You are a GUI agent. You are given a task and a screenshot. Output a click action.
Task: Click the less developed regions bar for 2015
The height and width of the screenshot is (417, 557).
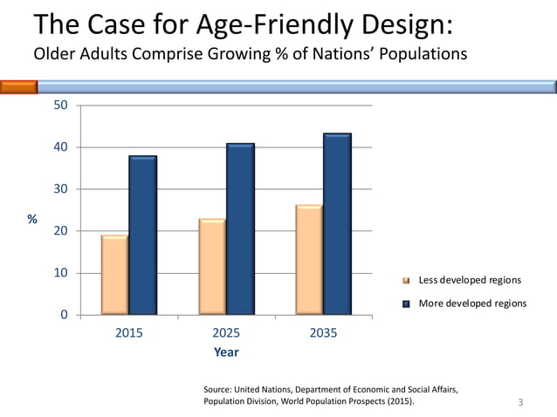[114, 274]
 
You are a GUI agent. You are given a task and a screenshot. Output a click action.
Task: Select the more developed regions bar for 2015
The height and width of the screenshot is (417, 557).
[142, 235]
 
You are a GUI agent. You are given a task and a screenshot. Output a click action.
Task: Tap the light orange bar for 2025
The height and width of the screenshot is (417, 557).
[212, 266]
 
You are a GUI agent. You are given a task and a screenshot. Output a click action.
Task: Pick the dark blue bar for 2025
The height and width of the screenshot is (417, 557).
[240, 229]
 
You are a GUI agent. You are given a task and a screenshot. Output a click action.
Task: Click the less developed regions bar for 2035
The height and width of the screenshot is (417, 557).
[309, 259]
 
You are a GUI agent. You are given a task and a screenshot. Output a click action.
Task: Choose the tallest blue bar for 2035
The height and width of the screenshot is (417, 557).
[337, 223]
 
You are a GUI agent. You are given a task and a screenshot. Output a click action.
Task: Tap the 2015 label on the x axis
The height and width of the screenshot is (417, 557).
[129, 333]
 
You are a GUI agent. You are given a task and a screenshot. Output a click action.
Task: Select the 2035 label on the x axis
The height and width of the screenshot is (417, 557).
[324, 333]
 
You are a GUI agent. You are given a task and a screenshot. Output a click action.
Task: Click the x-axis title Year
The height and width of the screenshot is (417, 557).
[226, 352]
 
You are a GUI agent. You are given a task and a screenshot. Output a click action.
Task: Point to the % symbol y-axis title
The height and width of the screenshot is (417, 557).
[32, 219]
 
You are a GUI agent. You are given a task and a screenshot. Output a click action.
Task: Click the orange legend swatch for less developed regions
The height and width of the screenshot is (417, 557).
[405, 281]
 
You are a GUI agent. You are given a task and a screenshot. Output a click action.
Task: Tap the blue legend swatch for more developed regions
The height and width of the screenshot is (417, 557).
[405, 304]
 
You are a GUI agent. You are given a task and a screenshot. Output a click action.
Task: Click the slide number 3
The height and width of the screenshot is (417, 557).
[520, 402]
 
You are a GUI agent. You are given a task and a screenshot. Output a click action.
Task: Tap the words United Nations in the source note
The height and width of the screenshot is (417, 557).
[265, 389]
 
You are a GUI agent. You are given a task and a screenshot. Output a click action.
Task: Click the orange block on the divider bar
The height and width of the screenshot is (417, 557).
[18, 86]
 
